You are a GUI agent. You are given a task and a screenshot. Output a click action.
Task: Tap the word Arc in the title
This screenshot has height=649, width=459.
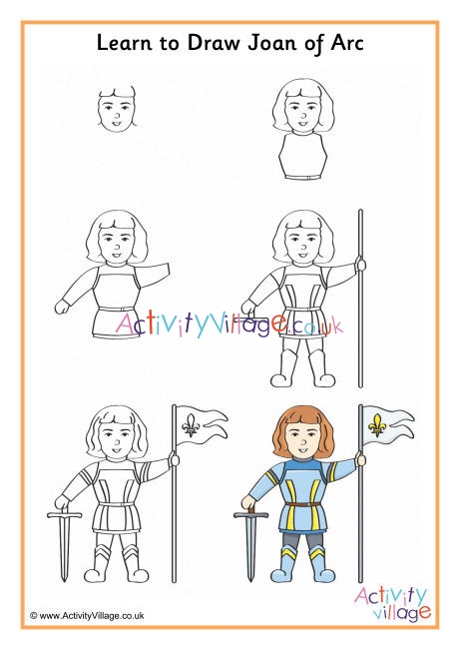tap(347, 43)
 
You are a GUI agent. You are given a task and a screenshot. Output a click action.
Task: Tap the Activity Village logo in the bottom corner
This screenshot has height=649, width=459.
tap(391, 603)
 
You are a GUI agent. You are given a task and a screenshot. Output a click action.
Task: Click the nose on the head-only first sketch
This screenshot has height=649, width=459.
tap(117, 116)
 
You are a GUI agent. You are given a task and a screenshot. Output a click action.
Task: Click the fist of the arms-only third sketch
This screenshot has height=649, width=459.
tap(62, 307)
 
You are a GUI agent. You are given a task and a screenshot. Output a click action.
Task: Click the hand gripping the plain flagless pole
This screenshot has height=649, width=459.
tap(361, 264)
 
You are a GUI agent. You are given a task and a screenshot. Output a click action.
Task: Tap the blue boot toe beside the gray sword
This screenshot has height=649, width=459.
tap(280, 575)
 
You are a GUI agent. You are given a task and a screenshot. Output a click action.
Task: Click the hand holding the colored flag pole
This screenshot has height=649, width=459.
tap(361, 459)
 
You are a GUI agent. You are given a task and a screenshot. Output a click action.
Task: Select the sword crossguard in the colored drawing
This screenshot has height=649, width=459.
tap(250, 515)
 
